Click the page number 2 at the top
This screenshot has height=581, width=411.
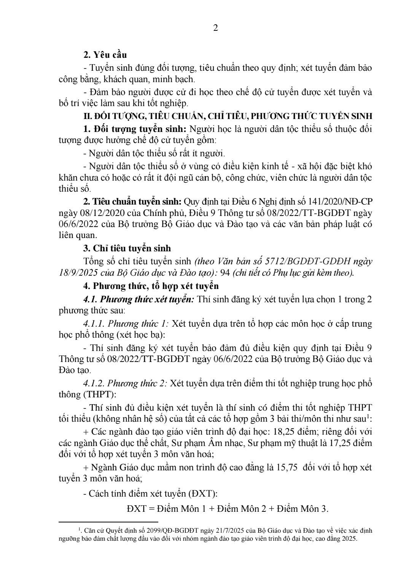click(215, 28)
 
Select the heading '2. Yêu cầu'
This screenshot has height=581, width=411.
click(105, 55)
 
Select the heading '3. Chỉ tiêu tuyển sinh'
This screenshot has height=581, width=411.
click(127, 248)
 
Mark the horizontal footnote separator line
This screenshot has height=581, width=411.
click(108, 522)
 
